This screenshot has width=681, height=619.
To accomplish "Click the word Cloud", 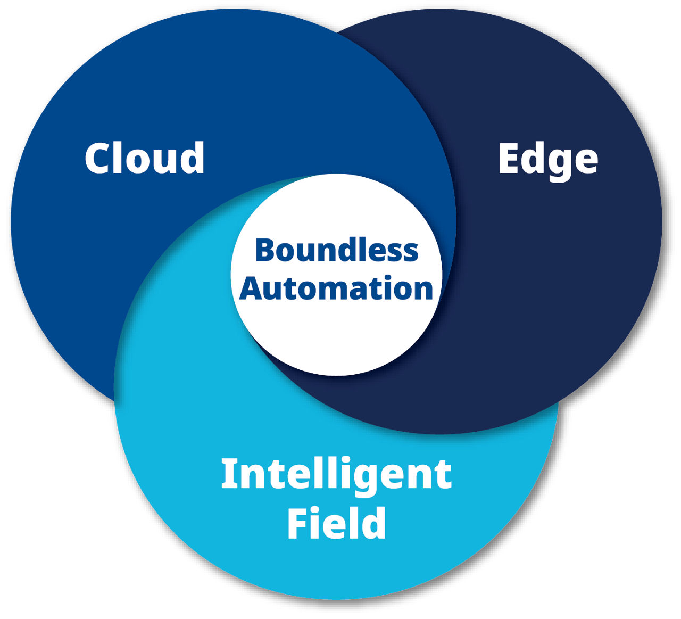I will [145, 158].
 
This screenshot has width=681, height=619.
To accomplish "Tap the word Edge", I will [548, 160].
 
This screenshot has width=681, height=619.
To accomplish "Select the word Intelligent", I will [336, 474].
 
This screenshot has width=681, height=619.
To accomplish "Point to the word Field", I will [336, 523].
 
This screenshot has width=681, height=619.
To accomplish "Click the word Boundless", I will [337, 250].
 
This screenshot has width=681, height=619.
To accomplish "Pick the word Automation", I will [336, 288].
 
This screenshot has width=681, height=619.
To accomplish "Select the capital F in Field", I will [298, 523].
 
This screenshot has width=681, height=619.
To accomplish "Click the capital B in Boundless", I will [265, 250].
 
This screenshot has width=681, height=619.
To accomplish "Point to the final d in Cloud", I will [192, 158].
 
